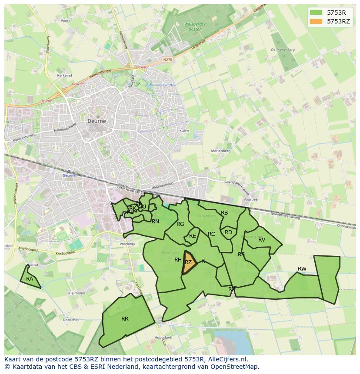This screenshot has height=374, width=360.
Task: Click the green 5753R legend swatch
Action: (316, 12)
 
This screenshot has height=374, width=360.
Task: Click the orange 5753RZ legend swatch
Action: (316, 21)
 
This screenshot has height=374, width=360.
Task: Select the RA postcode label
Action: (30, 279)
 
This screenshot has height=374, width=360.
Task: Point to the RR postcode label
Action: (125, 319)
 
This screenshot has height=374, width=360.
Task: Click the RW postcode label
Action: (302, 269)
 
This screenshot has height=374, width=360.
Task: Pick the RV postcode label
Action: (262, 240)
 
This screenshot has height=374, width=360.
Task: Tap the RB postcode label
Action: (224, 213)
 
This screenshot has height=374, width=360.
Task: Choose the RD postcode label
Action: (228, 232)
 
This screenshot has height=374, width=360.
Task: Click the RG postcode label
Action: (180, 224)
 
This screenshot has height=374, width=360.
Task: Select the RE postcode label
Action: (192, 236)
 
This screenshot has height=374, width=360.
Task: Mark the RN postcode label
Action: (155, 222)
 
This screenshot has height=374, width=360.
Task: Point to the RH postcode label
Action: (178, 260)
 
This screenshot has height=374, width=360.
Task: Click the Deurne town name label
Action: (97, 122)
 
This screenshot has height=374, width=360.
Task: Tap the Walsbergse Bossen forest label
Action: (195, 27)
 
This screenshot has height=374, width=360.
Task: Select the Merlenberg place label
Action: (220, 151)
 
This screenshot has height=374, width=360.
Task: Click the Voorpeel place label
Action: (251, 199)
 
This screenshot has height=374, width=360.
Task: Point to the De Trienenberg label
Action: (283, 50)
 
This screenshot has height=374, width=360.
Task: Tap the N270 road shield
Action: (168, 59)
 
